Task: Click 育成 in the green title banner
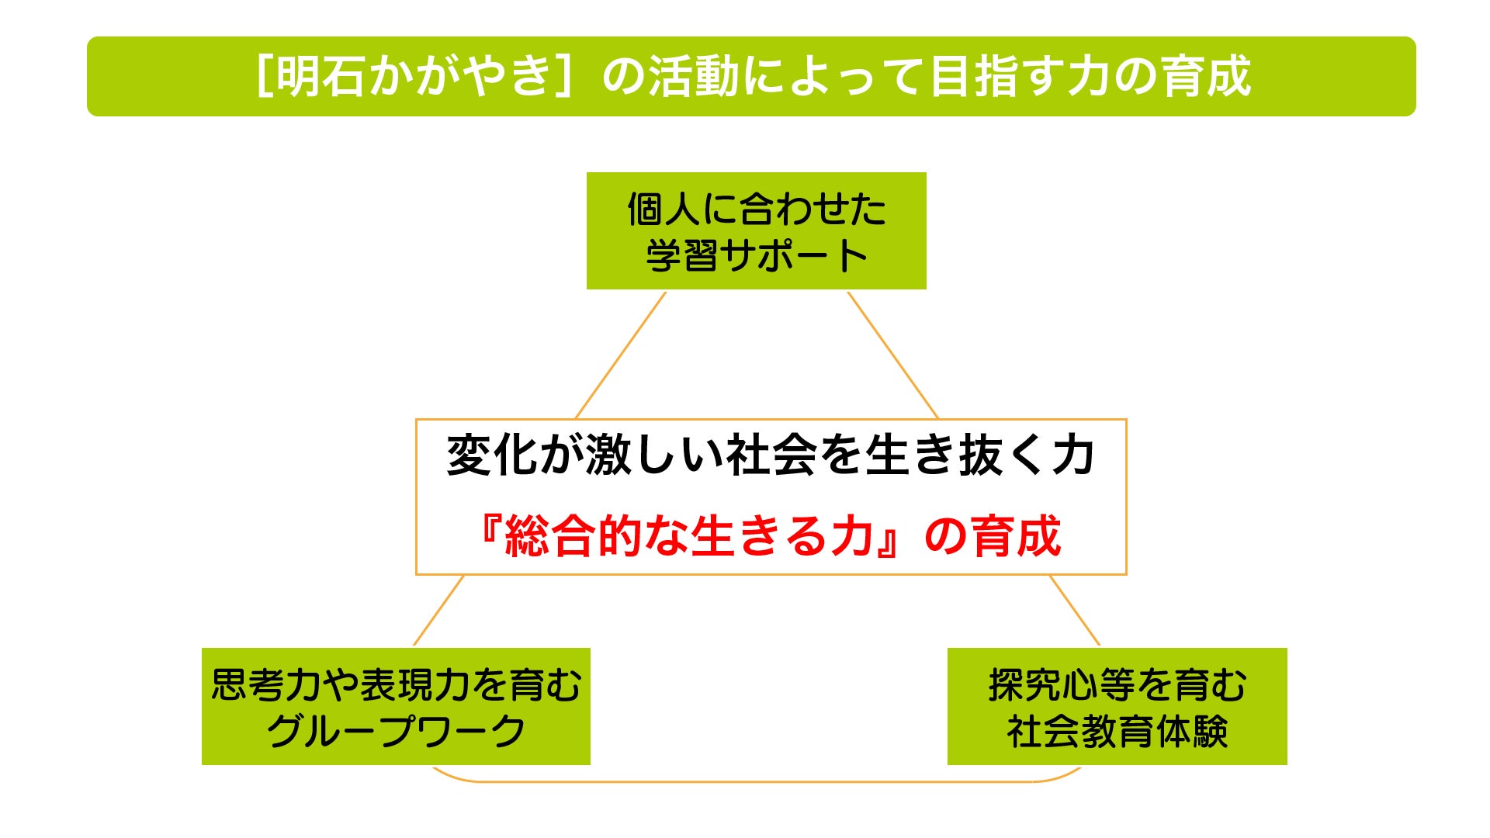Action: point(1206,77)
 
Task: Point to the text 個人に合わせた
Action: point(757,209)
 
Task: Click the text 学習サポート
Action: point(757,256)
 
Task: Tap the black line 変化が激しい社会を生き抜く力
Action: point(771,455)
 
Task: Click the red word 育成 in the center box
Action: point(1017,536)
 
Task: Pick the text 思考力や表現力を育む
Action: point(396,685)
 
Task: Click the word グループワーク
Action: point(396,732)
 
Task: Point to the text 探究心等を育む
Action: point(1117,685)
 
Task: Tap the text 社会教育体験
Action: point(1117,732)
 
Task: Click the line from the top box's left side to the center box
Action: point(621,355)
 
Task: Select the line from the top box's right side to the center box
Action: point(892,355)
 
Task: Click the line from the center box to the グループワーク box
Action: point(439,610)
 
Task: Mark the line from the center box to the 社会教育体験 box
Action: point(1075,610)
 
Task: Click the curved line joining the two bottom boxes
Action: point(757,781)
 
